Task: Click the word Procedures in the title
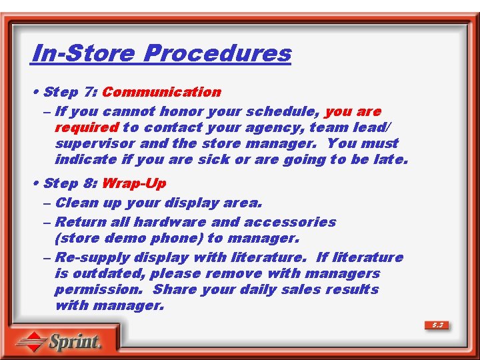pyautogui.click(x=218, y=53)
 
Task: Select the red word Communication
pyautogui.click(x=161, y=92)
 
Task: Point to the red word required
pyautogui.click(x=86, y=127)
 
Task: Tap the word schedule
pyautogui.click(x=279, y=111)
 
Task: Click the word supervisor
pyautogui.click(x=95, y=143)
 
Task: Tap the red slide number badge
pyautogui.click(x=437, y=325)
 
